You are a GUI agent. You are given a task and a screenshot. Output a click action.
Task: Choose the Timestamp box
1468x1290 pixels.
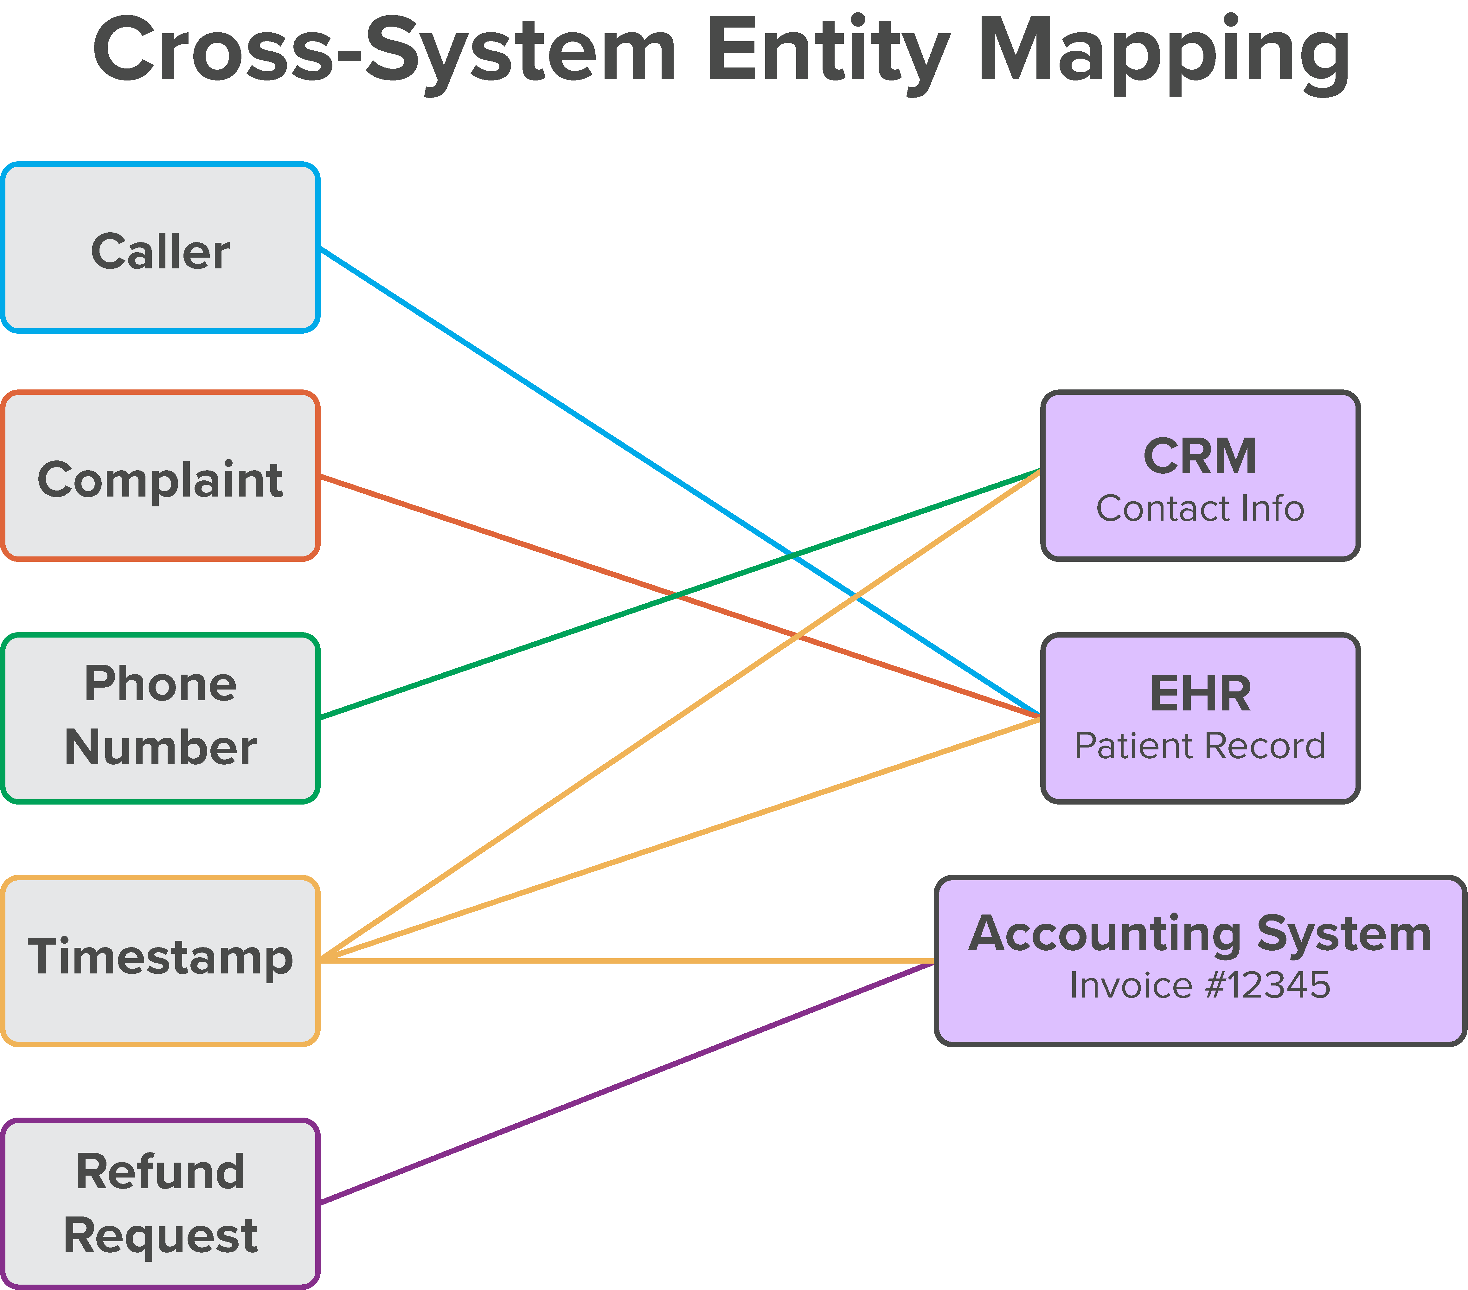[160, 960]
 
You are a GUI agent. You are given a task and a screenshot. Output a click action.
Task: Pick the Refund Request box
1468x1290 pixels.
[160, 1203]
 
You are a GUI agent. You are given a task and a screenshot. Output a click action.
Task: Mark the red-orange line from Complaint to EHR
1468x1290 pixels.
[503, 537]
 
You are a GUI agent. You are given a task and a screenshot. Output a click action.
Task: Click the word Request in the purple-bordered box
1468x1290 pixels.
[160, 1235]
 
